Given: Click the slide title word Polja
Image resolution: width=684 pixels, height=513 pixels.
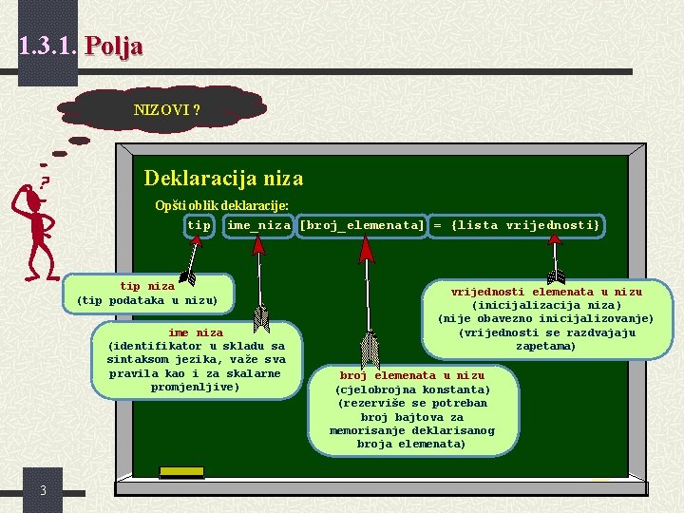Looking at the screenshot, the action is pos(113,46).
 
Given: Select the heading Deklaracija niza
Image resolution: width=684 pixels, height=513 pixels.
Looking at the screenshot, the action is pos(223,178).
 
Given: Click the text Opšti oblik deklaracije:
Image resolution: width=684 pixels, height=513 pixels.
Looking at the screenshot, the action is pos(221,205).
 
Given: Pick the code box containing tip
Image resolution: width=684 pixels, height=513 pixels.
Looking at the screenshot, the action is pos(199,225).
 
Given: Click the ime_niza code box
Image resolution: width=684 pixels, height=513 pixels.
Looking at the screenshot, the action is pos(257,225).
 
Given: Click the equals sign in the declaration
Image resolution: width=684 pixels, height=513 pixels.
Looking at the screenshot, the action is pos(438,225).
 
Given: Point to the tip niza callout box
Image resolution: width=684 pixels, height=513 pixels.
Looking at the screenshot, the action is pos(147,294).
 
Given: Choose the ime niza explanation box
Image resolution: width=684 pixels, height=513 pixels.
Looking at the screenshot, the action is pos(196,360).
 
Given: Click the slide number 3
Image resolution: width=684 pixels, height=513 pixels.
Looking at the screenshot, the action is pos(44,490).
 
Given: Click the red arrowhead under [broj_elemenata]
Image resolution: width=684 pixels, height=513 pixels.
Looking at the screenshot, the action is pos(366,249).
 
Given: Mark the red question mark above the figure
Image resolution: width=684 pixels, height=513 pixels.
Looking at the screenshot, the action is pos(45,180).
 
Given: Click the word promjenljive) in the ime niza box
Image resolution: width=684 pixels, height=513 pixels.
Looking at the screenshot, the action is pos(196,387).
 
